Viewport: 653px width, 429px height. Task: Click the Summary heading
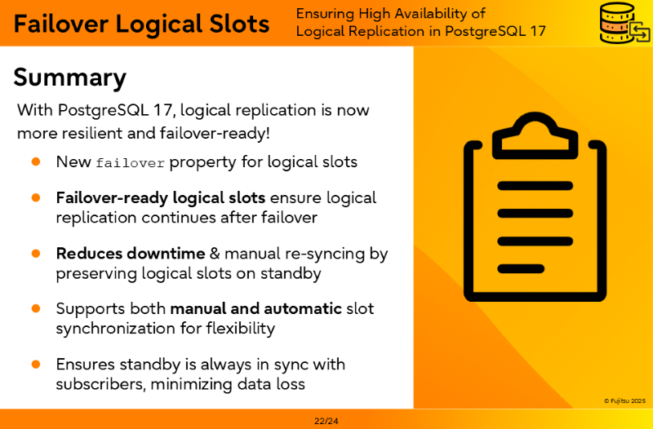pos(69,78)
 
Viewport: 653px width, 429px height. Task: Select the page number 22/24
pos(326,421)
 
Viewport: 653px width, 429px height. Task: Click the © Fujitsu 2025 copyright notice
pos(624,401)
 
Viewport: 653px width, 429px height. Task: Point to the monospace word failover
pos(131,162)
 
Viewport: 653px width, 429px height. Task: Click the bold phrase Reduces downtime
pos(131,254)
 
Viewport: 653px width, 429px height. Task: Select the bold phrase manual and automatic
pos(256,309)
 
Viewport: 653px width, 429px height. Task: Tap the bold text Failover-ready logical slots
pos(161,198)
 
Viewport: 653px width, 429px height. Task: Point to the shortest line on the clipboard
pos(521,269)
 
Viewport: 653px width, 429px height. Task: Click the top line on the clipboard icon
pos(535,186)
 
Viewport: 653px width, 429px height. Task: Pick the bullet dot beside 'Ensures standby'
pos(36,365)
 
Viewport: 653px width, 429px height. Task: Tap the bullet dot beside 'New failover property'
pos(36,161)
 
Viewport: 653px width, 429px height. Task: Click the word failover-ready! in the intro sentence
pos(215,133)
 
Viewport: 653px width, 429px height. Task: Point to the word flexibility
pos(241,329)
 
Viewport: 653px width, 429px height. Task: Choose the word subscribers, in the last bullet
pos(100,384)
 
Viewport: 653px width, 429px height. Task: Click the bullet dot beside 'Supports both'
pos(36,309)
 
